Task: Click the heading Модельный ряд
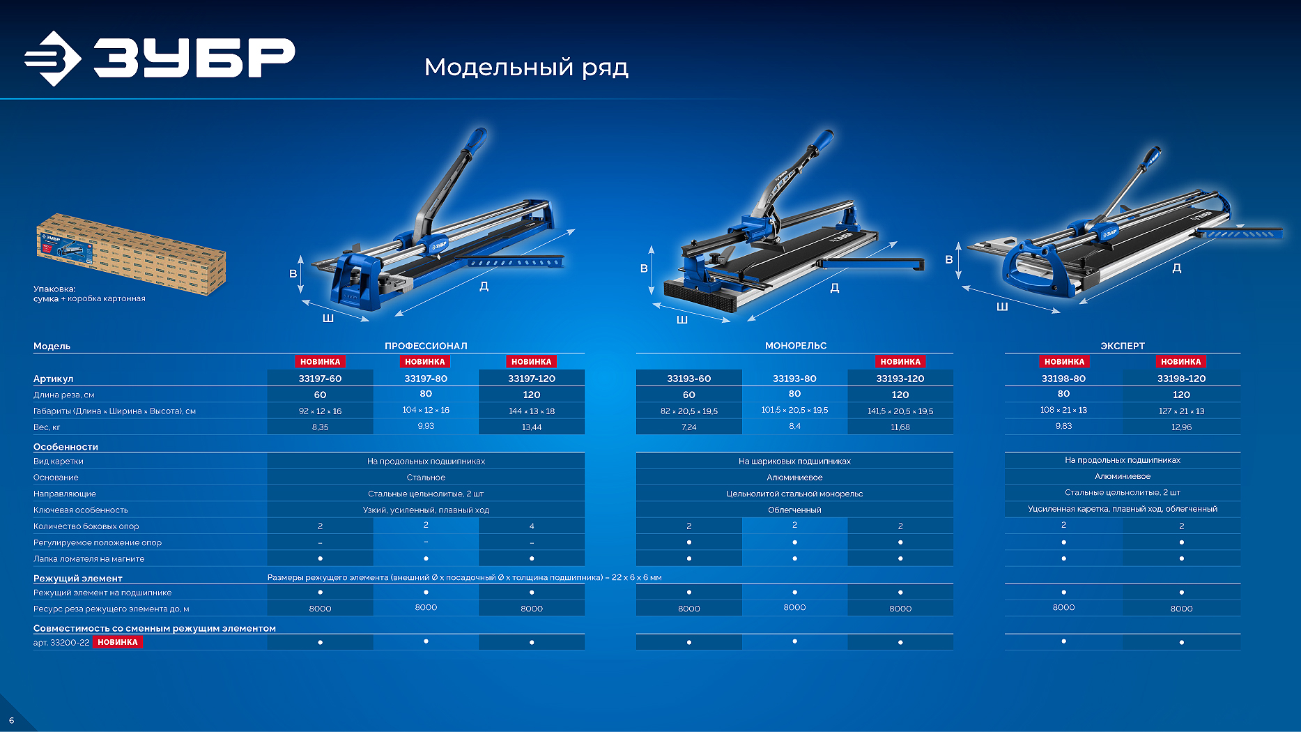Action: click(526, 68)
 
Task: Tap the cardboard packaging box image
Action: click(131, 254)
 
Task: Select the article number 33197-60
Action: click(320, 379)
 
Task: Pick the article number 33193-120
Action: click(900, 379)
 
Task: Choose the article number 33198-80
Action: click(1063, 379)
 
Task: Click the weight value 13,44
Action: click(532, 427)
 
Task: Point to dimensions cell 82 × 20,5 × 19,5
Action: click(689, 411)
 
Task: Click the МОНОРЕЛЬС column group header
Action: click(796, 346)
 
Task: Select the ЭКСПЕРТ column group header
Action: click(1123, 346)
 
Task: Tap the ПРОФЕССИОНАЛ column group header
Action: click(426, 346)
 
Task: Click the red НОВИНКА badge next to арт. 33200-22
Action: click(118, 642)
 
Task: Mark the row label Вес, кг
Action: click(47, 427)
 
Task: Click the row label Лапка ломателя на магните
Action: click(89, 558)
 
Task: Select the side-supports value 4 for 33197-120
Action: click(532, 526)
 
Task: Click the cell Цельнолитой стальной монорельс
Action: click(794, 494)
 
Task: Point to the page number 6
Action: click(11, 720)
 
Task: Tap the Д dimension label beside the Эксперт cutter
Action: click(1176, 268)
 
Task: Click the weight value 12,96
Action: click(1181, 427)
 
